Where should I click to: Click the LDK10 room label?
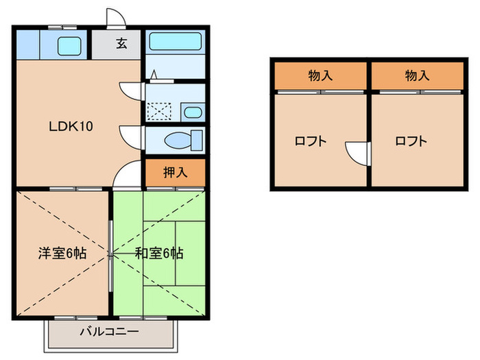[x=71, y=126]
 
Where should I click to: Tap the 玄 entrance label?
[x=121, y=45]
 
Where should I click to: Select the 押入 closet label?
[x=175, y=173]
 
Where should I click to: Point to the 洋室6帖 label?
[x=62, y=253]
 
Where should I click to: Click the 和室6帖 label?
[x=158, y=253]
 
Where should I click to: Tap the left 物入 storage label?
[x=321, y=75]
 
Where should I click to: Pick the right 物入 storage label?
[x=417, y=75]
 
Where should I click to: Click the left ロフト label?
[x=310, y=142]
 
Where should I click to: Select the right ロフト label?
[x=411, y=142]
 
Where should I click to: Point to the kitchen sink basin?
[x=69, y=46]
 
